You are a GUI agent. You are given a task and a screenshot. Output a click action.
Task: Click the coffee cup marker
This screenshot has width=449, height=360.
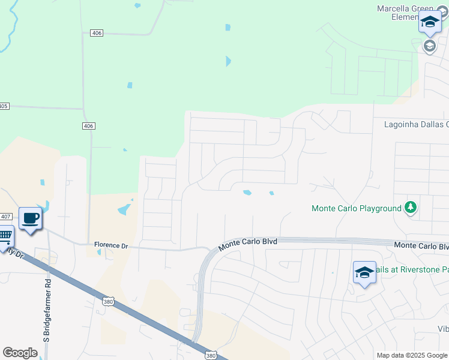tap(30, 218)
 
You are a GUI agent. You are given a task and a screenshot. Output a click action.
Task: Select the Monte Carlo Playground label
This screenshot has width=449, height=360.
tap(356, 208)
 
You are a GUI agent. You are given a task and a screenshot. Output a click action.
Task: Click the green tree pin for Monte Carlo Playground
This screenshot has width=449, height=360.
tap(410, 208)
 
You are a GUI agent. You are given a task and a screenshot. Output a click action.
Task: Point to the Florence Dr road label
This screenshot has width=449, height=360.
tap(111, 245)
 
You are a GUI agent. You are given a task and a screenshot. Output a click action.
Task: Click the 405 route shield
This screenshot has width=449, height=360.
tap(4, 106)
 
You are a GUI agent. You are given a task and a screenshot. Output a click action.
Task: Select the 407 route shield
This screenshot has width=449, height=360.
tap(5, 216)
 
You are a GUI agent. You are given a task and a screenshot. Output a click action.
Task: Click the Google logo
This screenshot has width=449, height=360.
tap(20, 352)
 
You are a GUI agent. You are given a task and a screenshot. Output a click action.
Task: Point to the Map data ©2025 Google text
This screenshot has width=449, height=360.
tap(411, 355)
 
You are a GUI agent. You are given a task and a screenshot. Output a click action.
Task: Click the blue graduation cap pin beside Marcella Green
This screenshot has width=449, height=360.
tap(429, 22)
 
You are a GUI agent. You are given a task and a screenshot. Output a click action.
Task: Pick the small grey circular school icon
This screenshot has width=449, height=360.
tap(430, 46)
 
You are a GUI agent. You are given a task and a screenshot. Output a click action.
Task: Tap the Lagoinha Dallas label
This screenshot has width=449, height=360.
tap(417, 124)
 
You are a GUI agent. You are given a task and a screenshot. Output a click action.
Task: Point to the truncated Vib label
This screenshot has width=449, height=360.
tap(442, 329)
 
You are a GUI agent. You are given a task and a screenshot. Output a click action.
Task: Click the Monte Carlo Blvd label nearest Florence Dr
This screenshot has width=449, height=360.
tap(247, 244)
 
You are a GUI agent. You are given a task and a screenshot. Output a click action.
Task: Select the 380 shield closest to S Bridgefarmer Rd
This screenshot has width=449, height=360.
tap(108, 300)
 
